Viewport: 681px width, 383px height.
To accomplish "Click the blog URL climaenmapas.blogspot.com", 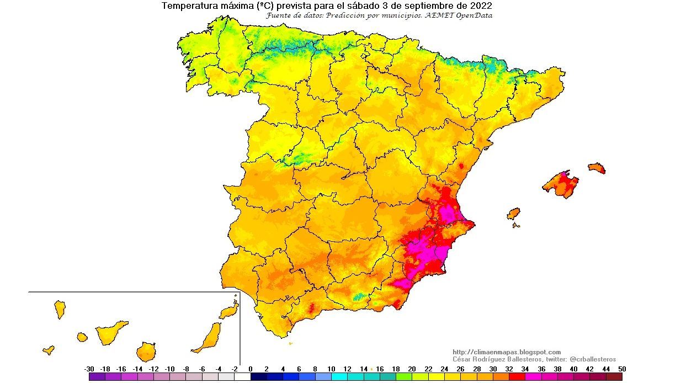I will point(507,352).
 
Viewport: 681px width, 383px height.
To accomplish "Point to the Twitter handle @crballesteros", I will point(593,359).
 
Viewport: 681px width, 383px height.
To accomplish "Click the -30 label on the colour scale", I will point(89,369).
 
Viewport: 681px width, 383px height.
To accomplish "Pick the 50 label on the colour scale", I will point(622,369).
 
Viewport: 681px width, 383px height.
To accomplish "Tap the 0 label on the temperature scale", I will point(251,369).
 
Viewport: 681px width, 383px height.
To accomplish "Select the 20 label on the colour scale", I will point(412,369).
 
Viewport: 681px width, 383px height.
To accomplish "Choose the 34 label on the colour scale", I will point(525,369).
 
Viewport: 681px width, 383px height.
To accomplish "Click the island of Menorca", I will point(597,168).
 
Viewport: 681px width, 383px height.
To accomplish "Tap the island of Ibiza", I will point(513,214).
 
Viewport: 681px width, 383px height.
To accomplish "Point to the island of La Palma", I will point(60,308).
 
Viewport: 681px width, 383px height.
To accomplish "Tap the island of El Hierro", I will point(49,350).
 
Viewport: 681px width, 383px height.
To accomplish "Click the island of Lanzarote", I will point(229,311).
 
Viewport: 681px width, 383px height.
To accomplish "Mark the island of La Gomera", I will point(82,337).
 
